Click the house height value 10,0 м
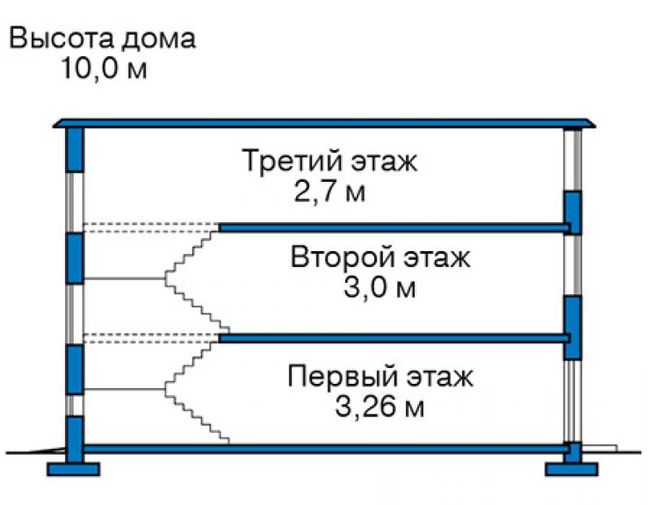[x=104, y=68]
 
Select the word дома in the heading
[x=159, y=40]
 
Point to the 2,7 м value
[x=329, y=192]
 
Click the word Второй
[x=342, y=258]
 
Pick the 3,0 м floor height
[x=379, y=287]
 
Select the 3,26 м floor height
[x=379, y=407]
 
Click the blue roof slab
[x=324, y=123]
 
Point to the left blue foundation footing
[x=74, y=469]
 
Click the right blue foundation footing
[x=572, y=469]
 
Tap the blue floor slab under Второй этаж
[x=394, y=338]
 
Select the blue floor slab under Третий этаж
[x=394, y=227]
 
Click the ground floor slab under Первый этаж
[x=326, y=448]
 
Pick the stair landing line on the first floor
[x=125, y=389]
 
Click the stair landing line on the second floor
[x=125, y=278]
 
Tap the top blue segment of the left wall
[x=75, y=149]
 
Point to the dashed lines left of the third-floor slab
[x=151, y=227]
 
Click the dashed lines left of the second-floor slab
[x=151, y=338]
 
